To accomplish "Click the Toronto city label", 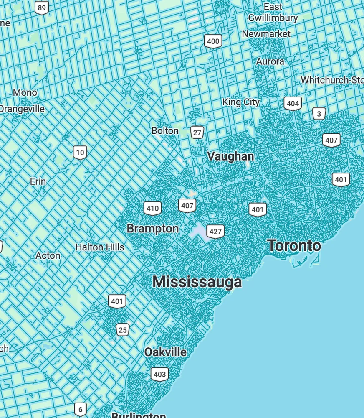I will coord(294,246).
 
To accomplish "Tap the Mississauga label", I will coord(197,282).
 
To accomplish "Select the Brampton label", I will coord(152,229).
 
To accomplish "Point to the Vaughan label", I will coord(230,156).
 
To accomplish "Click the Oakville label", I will coord(165,352).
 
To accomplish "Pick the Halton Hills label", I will coord(100,247).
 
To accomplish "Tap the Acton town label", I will coord(48,255).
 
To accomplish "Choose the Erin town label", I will coord(38,182).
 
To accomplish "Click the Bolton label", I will coord(165,131).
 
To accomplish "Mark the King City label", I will coord(241,102).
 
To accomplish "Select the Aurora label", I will coord(270,61).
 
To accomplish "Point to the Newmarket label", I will coord(266,34).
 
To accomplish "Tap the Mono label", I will coord(25,92).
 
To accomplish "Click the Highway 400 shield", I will coord(213,41).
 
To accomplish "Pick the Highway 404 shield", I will coord(293,104).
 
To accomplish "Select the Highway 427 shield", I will coord(215,232).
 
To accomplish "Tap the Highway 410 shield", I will coord(152,208).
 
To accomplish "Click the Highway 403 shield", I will coord(160,374).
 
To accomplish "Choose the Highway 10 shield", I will coord(80,153).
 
